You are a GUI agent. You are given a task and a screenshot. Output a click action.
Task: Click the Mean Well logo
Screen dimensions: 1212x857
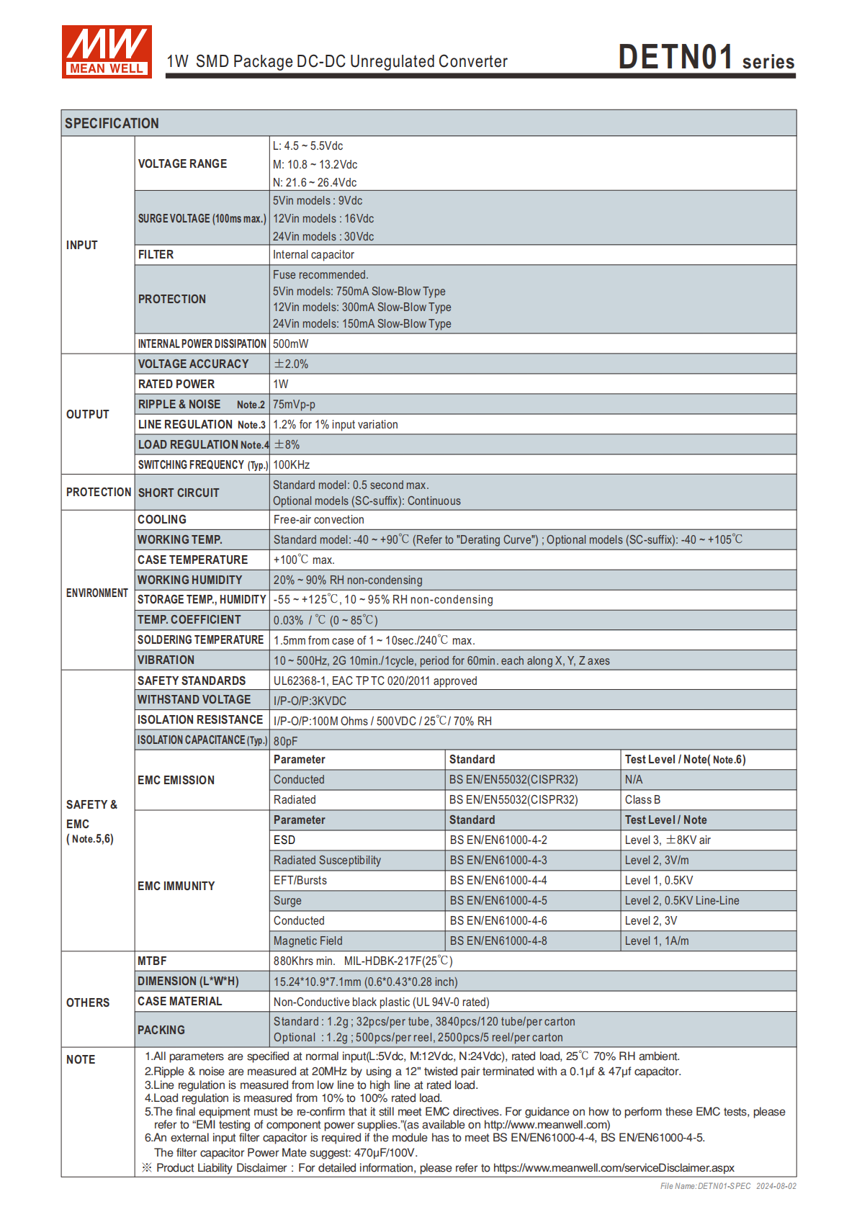107,52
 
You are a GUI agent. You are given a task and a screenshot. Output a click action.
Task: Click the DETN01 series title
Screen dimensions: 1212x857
706,58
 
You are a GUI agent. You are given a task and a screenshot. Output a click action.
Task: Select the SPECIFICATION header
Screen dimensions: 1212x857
112,123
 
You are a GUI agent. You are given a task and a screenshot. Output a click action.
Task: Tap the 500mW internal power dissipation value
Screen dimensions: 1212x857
290,344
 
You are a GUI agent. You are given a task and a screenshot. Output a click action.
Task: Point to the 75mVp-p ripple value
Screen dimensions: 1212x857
294,405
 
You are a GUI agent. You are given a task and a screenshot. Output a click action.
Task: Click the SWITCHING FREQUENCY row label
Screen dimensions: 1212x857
202,465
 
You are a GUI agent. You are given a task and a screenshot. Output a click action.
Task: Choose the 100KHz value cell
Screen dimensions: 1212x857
291,465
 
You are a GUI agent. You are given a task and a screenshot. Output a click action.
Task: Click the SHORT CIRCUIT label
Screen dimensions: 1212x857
179,493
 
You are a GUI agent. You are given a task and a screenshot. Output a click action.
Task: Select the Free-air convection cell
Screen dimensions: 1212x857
318,520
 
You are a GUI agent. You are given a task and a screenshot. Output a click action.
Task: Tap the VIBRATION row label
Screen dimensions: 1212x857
166,660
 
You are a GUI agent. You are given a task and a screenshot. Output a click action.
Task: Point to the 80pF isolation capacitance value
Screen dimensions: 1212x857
285,741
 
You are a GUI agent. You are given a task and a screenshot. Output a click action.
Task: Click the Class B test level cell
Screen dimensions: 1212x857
642,800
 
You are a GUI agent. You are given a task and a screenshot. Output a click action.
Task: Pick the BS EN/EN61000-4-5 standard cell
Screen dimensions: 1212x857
498,901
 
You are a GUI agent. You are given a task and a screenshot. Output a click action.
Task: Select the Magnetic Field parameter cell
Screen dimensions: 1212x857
308,941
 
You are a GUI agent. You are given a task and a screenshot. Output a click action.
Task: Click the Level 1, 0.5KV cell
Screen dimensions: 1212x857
659,881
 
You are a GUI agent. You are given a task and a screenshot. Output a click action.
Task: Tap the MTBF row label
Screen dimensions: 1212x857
152,961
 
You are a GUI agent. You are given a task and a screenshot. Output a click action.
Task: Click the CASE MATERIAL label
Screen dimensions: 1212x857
179,1002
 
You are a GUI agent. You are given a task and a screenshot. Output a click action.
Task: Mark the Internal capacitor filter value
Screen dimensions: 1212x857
313,255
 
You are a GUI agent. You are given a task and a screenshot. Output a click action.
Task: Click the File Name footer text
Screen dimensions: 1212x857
727,1186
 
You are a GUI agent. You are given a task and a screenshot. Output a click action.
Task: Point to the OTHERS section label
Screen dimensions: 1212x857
88,1002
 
